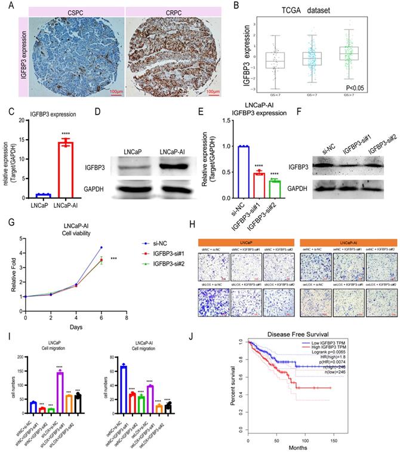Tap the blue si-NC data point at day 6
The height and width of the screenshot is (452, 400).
[101, 230]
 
